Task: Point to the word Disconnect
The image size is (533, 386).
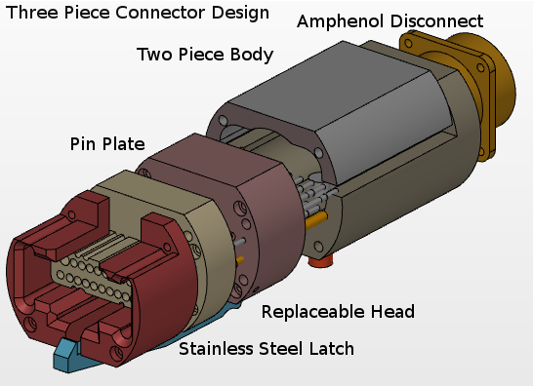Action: [434, 20]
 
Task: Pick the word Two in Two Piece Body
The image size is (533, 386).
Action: [153, 54]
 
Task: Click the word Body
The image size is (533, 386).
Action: [251, 55]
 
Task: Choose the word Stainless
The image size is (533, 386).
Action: [215, 348]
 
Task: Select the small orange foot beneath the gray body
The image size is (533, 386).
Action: [320, 260]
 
